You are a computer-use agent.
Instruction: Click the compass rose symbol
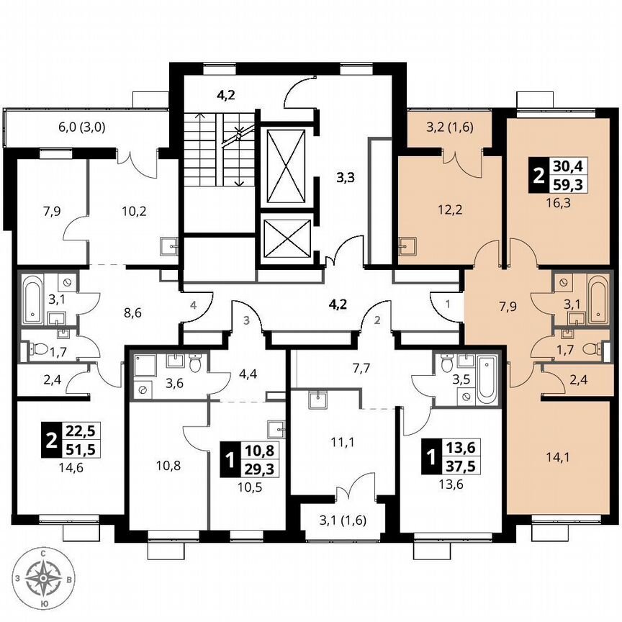pyautogui.click(x=45, y=577)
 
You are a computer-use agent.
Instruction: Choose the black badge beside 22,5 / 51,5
pyautogui.click(x=50, y=440)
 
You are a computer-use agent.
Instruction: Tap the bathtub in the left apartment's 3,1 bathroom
pyautogui.click(x=32, y=297)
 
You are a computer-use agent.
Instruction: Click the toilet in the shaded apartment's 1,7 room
pyautogui.click(x=590, y=350)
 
